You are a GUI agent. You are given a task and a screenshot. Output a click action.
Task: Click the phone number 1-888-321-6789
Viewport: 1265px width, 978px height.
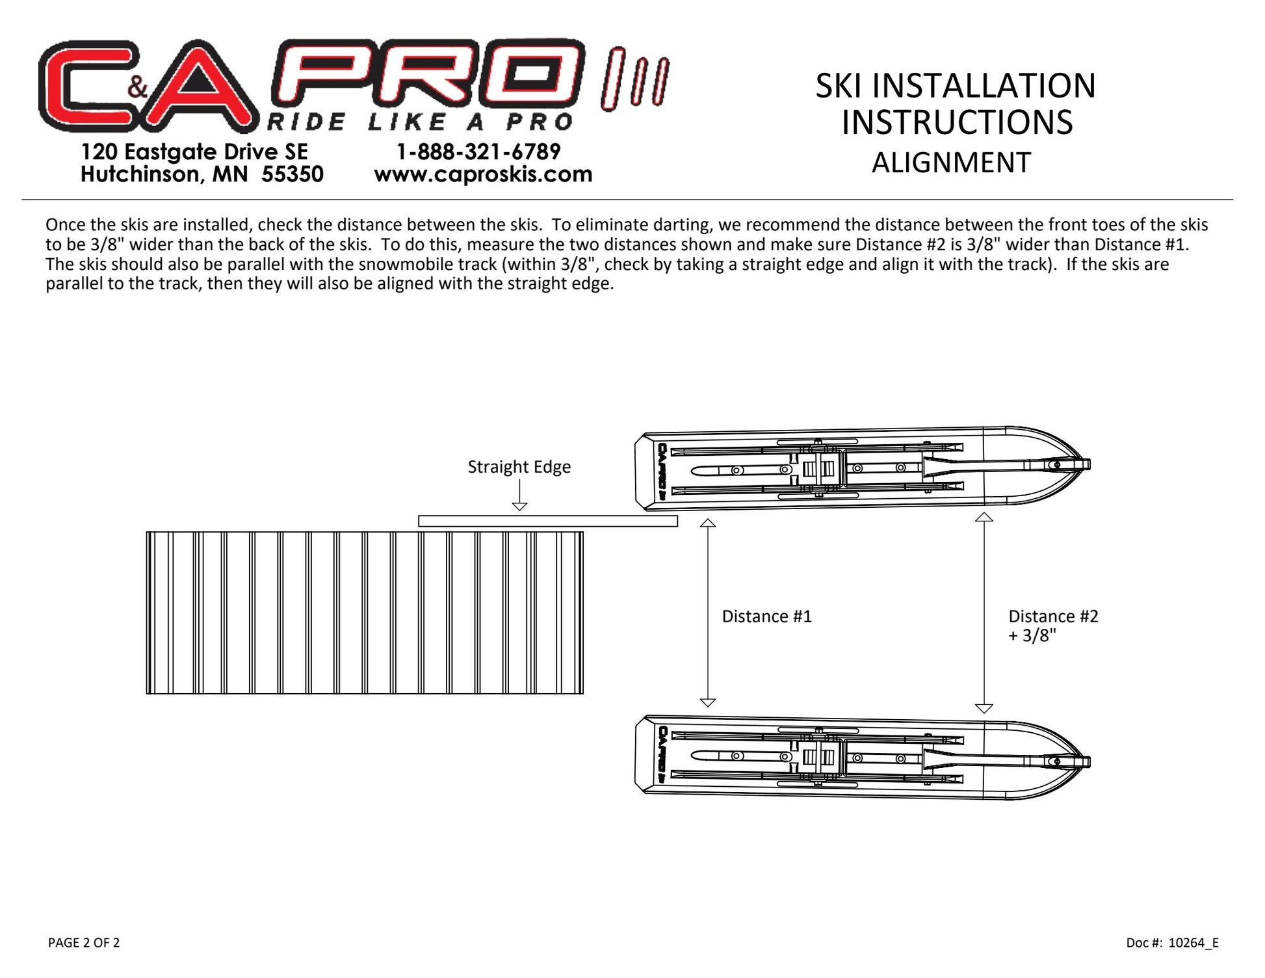pos(478,152)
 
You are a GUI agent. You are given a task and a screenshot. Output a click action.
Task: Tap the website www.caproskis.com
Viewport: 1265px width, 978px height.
pos(483,174)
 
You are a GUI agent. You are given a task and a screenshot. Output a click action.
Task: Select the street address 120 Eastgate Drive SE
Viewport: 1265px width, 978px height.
pos(194,152)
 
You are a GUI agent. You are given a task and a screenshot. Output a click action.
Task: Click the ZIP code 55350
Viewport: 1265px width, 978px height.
pos(293,174)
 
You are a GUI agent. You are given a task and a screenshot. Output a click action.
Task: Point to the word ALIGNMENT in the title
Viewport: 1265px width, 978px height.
pos(951,163)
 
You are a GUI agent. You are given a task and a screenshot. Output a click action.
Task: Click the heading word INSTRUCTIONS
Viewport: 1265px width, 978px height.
pos(957,122)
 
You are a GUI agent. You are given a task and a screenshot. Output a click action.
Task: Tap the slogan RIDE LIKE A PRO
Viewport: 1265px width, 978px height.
pos(420,122)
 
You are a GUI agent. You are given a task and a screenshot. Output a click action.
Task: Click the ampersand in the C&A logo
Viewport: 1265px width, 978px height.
pos(138,86)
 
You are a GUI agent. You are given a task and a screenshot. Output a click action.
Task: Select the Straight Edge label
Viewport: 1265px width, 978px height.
pos(519,466)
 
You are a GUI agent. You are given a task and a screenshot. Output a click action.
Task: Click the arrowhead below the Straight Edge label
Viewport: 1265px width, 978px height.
pos(519,506)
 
